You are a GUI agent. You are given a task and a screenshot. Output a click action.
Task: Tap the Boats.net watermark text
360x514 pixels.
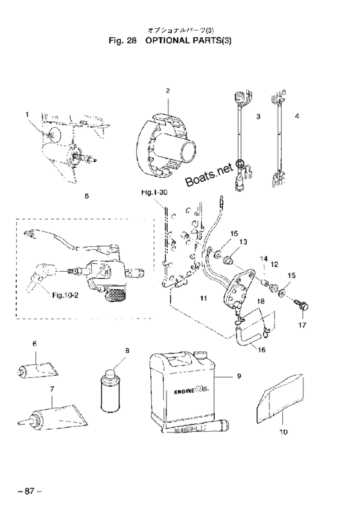(x=210, y=173)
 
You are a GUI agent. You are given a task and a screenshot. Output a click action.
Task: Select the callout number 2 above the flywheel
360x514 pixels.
(x=168, y=91)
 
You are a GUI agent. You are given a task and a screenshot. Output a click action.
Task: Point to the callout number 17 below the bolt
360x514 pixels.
(x=302, y=325)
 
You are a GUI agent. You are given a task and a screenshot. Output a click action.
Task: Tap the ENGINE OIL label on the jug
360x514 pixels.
(x=194, y=391)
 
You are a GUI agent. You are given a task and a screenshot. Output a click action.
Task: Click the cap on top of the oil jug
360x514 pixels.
(x=201, y=355)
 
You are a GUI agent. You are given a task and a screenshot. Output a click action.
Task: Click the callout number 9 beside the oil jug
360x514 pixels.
(x=239, y=376)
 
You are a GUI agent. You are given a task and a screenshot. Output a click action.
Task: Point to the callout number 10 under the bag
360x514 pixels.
(x=283, y=432)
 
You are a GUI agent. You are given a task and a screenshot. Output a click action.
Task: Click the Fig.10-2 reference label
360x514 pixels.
(x=66, y=295)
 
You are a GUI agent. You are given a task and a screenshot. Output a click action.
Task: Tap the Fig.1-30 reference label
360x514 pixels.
(x=154, y=192)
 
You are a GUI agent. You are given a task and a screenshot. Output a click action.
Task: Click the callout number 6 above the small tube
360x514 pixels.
(x=35, y=344)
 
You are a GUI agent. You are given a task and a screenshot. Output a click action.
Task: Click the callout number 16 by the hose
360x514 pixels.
(x=261, y=350)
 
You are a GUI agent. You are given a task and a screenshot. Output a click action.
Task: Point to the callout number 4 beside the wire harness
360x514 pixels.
(x=297, y=116)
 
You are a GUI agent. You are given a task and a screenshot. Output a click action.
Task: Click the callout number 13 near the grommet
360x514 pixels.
(x=242, y=242)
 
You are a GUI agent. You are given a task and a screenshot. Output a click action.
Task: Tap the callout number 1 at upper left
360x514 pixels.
(x=27, y=114)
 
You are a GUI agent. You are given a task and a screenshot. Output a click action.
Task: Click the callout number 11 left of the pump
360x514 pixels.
(x=204, y=298)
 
